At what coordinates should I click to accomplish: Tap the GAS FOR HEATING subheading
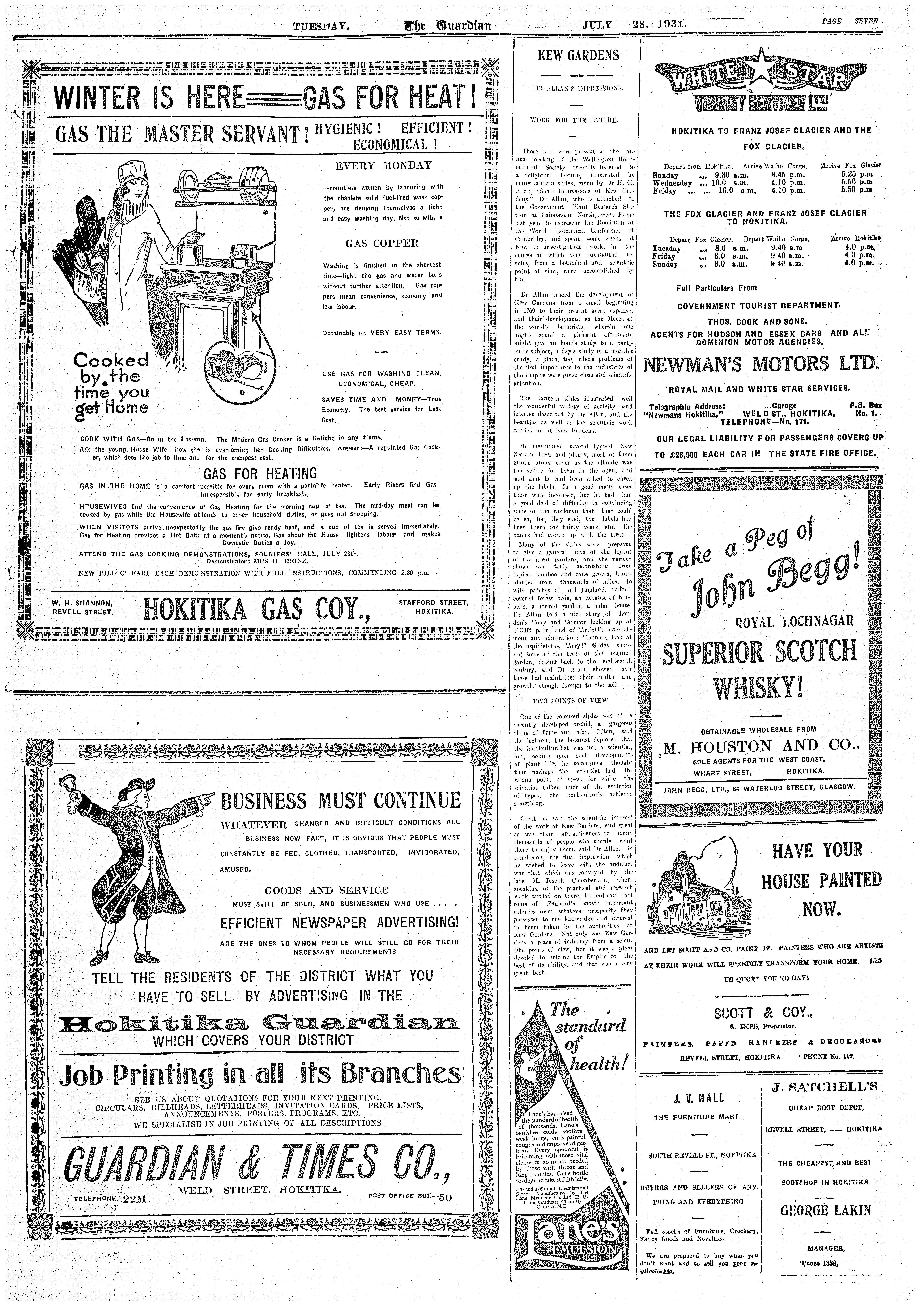click(260, 473)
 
